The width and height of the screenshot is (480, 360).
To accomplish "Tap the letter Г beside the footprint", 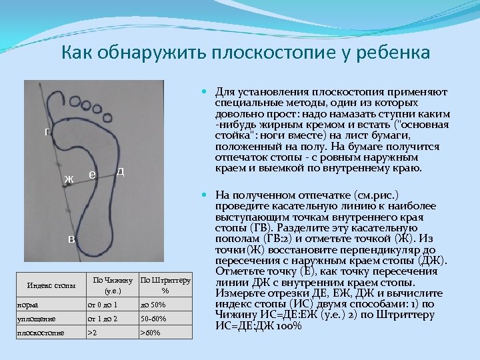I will (47, 132).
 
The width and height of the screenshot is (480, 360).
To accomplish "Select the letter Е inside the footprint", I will (91, 175).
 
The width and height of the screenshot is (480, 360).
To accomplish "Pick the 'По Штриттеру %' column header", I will (165, 285).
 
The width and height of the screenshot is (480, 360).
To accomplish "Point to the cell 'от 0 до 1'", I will (103, 305).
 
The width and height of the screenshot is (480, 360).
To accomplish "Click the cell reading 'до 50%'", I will (152, 305).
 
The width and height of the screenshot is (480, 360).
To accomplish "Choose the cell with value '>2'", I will (93, 332).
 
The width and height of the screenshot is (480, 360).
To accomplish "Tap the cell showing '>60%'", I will (150, 332).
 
